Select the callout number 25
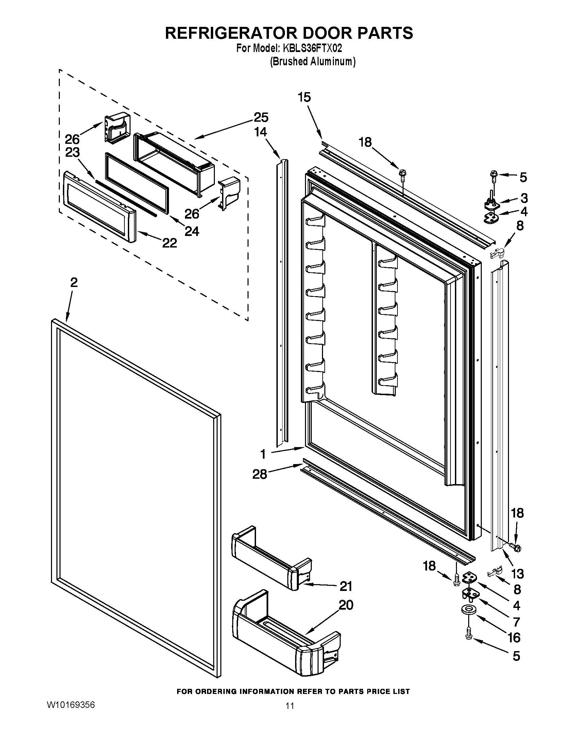(261, 117)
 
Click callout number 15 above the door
(304, 97)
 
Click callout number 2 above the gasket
(74, 283)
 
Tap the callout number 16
(514, 637)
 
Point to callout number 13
(517, 573)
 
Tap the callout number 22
(170, 243)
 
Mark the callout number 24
(192, 232)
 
